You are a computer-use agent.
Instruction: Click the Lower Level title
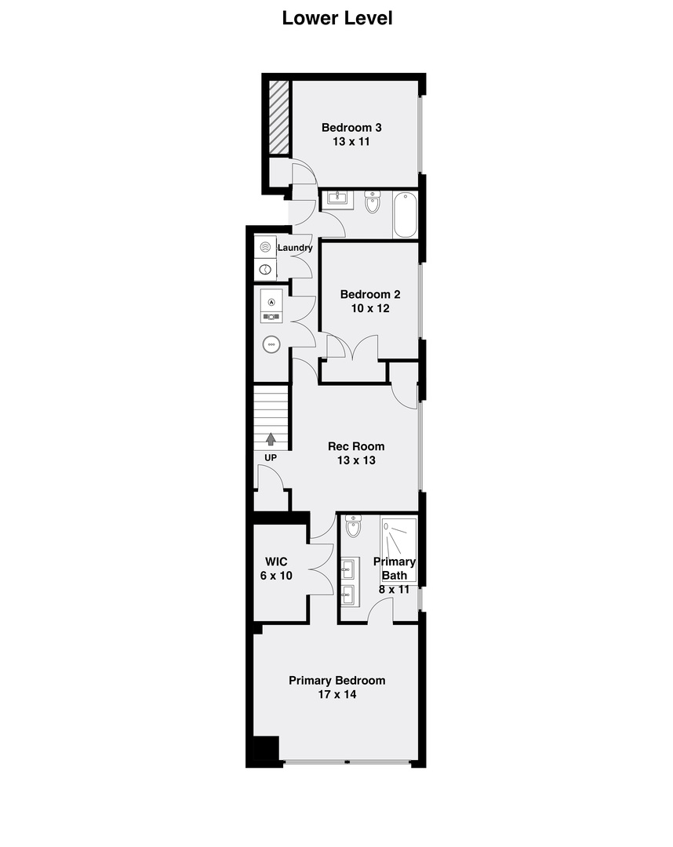point(336,18)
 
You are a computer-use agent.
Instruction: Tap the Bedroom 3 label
point(351,128)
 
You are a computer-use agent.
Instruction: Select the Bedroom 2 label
point(369,295)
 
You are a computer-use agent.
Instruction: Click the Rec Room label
point(356,446)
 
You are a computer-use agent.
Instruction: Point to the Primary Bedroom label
point(336,681)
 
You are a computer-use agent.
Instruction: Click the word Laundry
point(295,248)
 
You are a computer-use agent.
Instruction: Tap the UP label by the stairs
point(271,457)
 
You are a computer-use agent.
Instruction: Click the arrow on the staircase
point(271,439)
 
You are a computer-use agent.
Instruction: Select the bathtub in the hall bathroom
point(406,214)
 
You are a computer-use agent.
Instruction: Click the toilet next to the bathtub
point(373,202)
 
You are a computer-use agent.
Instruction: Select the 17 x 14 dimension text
point(336,695)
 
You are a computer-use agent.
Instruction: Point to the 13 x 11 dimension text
point(351,142)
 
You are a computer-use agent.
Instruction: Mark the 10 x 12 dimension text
point(369,309)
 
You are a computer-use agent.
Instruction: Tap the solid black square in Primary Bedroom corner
point(264,751)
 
